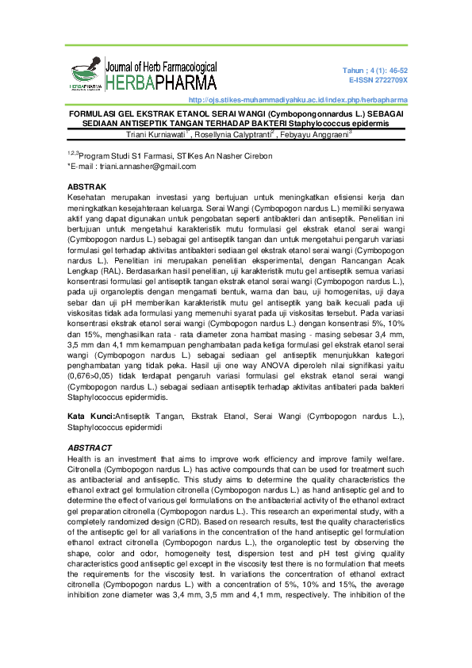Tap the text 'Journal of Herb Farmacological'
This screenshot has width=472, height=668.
coord(161,67)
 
